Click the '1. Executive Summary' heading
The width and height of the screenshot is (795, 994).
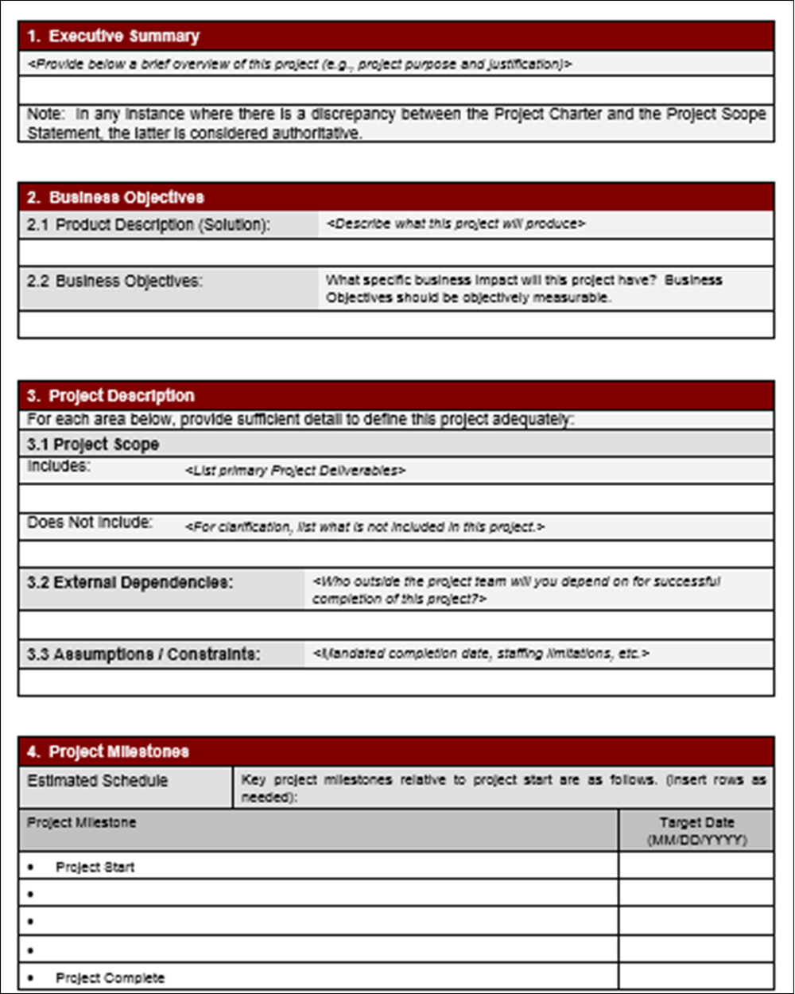click(113, 37)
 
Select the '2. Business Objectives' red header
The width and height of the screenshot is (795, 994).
click(115, 197)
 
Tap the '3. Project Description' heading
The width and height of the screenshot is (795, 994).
click(111, 396)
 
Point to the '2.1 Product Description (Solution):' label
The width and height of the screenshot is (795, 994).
click(149, 225)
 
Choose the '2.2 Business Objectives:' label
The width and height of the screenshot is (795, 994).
click(115, 282)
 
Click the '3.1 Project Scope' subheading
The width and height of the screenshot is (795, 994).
click(93, 445)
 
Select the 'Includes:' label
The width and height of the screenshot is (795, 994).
click(59, 467)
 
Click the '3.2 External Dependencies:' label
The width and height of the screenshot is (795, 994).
click(130, 583)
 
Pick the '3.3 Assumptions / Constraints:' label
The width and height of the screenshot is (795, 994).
click(144, 655)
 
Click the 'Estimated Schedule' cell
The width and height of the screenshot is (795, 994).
click(98, 781)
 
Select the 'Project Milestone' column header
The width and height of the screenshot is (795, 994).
click(82, 823)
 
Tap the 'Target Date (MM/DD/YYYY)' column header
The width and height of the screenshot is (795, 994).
click(696, 831)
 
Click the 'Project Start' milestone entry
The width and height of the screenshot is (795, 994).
click(95, 867)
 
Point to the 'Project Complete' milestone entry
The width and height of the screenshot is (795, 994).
click(110, 978)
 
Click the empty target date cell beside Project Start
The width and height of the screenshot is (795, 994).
click(696, 866)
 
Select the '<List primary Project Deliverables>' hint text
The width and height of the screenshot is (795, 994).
click(296, 470)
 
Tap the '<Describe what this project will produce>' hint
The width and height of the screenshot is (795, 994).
click(456, 224)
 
